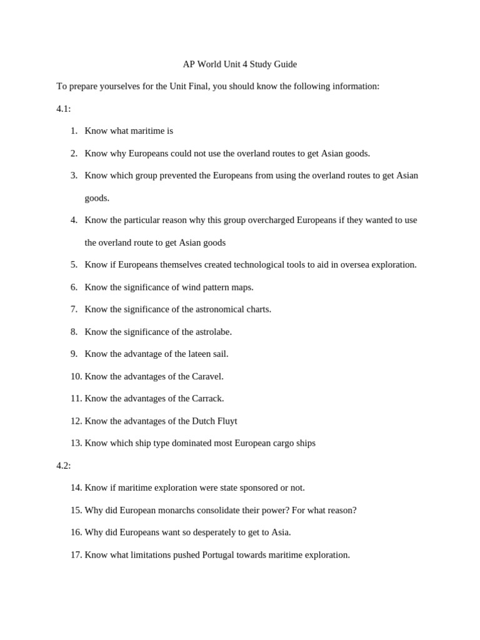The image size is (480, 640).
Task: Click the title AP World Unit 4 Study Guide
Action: coord(239,64)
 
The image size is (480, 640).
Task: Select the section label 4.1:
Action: coord(63,109)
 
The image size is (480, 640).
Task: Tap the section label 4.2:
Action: coord(63,466)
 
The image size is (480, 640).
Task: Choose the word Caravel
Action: coord(207,376)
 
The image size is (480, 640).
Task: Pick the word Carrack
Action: coord(207,398)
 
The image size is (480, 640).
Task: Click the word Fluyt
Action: coord(226,421)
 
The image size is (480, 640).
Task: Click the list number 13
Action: coord(76,443)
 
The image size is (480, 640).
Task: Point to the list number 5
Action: coord(74,264)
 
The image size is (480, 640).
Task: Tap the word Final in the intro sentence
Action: coord(197,86)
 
